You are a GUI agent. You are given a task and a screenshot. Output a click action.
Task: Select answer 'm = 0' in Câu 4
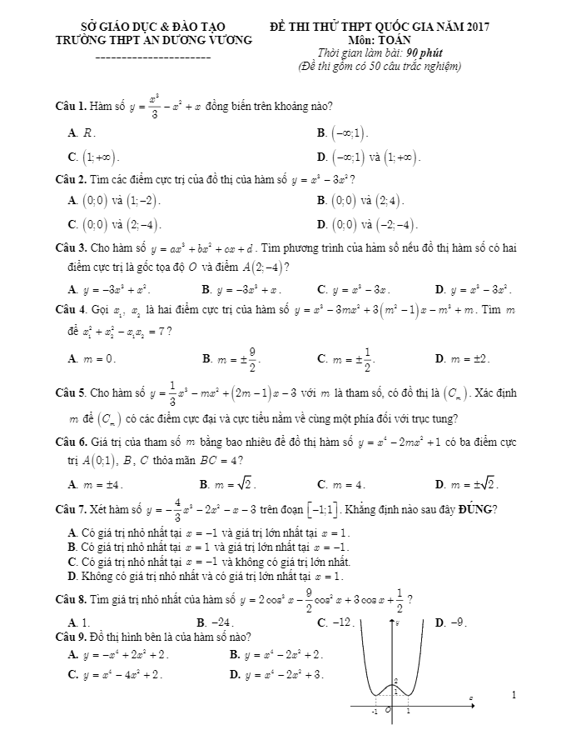coord(99,358)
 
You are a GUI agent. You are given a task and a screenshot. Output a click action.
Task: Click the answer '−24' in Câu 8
coord(221,622)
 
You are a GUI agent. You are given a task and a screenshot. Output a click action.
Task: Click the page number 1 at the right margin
coord(514,694)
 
